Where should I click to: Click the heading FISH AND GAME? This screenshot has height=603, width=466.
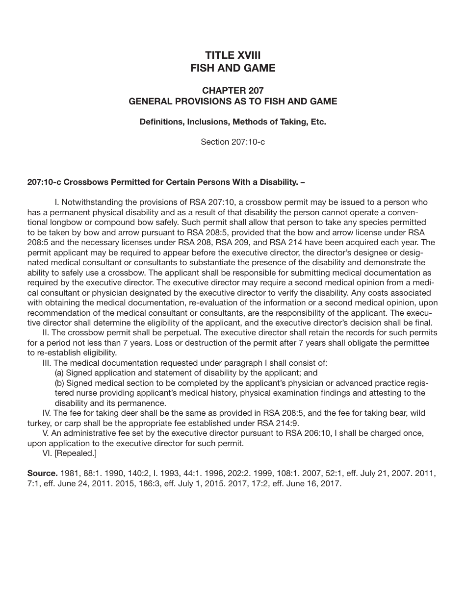(x=233, y=68)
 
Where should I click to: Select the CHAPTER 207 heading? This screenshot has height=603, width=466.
(x=233, y=91)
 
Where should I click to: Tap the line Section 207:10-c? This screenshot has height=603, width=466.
(x=233, y=142)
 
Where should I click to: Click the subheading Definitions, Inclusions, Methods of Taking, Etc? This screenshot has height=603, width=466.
(x=233, y=122)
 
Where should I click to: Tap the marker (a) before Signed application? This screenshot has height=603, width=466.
(x=59, y=373)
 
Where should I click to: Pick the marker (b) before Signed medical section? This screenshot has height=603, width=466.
(x=59, y=383)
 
